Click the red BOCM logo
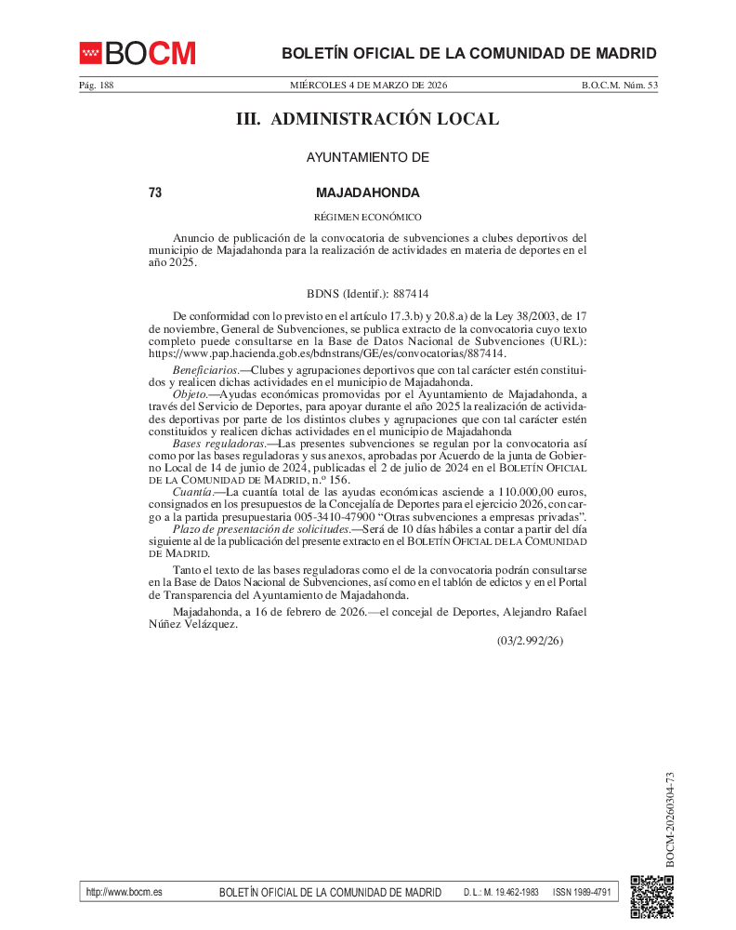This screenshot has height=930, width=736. (x=138, y=53)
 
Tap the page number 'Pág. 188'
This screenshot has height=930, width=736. (x=96, y=86)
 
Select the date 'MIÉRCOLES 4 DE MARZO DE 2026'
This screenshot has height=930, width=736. (x=368, y=86)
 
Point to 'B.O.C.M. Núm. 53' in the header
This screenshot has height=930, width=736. (x=620, y=86)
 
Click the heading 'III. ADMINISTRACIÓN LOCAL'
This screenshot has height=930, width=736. (x=368, y=119)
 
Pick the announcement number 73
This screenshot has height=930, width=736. (x=155, y=193)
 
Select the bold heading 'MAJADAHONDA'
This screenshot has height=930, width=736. (x=368, y=193)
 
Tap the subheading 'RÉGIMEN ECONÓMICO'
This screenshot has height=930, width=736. (x=368, y=217)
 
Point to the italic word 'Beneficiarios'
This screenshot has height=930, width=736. (x=204, y=371)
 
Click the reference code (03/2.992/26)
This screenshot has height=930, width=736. (x=530, y=641)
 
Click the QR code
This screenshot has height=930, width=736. (x=651, y=897)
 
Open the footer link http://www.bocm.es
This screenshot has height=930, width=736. (x=124, y=892)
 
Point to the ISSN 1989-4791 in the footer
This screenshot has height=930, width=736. (x=582, y=892)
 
